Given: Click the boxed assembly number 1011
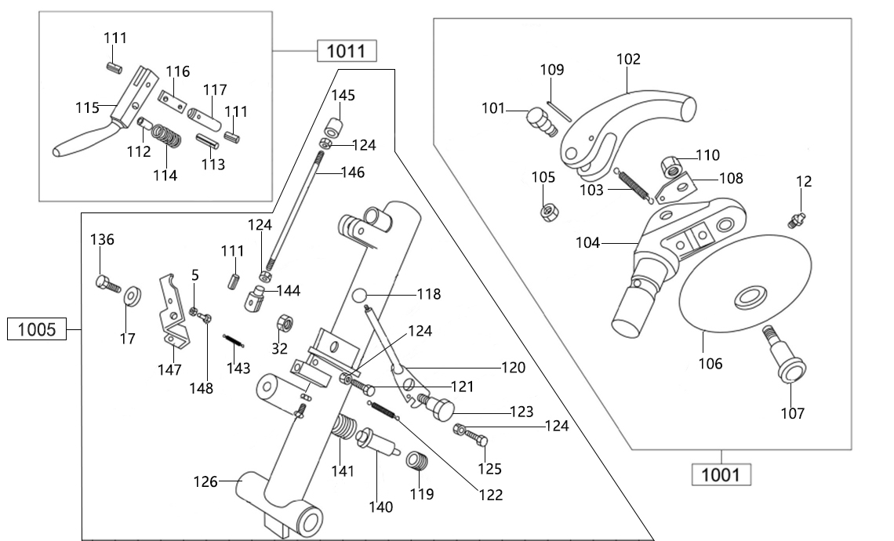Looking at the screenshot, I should coord(347,52).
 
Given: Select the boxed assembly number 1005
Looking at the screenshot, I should coord(37,329).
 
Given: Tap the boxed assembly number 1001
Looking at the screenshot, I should coord(721,474).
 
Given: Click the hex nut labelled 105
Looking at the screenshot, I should coord(545,212).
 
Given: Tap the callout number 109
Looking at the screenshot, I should coord(551,70).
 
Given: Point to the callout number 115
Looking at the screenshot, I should coord(86,107).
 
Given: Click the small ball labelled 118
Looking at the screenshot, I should coord(359,295).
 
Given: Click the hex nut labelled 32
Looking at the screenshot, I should coord(284,323).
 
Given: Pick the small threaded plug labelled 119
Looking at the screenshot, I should coord(418,462).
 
